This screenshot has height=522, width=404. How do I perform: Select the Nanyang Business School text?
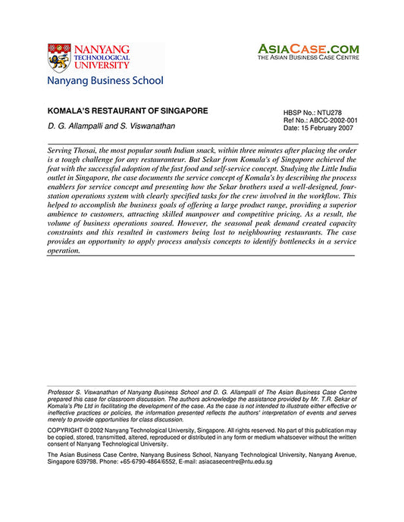pos(105,80)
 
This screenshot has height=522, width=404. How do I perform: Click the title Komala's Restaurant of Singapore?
pos(127,110)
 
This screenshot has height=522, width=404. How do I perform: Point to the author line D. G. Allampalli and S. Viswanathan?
pos(111,126)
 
